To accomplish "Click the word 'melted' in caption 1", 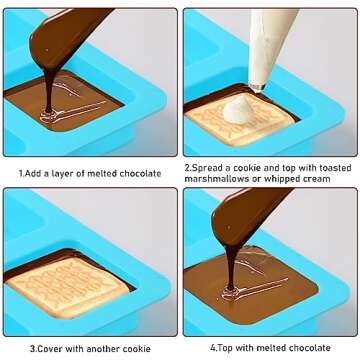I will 101,173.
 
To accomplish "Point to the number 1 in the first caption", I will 21,173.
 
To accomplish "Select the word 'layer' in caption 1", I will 70,173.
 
